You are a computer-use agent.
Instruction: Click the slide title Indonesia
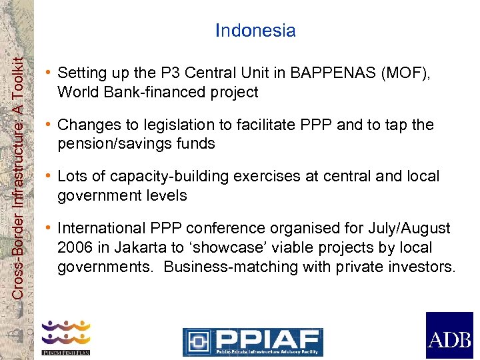click(255, 31)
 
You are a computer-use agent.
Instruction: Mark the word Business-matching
click(221, 267)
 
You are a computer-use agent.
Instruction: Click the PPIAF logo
click(253, 341)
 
